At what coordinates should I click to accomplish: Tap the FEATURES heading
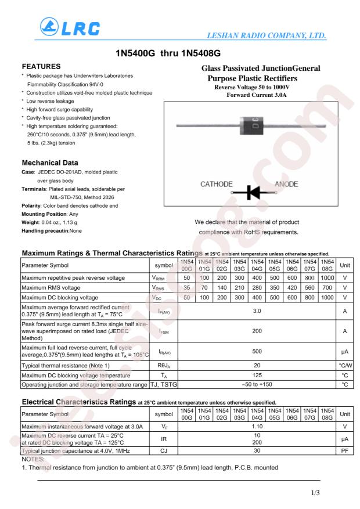pos(41,67)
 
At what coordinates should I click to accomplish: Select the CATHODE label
pos(217,184)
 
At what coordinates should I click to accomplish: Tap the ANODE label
pos(286,184)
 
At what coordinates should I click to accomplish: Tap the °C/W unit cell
pos(345,366)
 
